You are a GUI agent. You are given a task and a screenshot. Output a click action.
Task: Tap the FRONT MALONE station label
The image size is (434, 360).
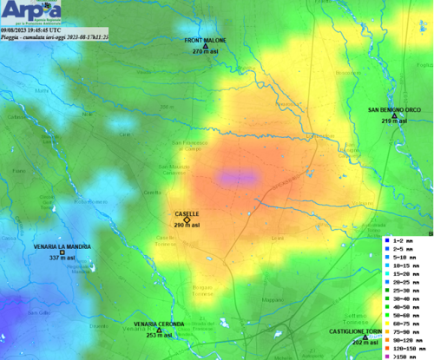205,40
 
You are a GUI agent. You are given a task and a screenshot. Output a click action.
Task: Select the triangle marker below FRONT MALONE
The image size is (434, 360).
205,46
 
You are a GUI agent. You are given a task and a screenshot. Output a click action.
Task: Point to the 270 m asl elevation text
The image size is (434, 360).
205,52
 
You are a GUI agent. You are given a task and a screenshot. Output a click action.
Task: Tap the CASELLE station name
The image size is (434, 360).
187,213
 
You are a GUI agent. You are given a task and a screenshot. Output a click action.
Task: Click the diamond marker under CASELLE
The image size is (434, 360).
187,219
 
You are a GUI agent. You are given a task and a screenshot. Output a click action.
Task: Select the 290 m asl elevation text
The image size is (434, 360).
187,226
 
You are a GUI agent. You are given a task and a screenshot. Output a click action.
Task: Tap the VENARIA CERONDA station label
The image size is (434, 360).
159,324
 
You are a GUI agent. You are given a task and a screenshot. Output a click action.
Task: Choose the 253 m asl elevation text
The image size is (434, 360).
159,335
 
